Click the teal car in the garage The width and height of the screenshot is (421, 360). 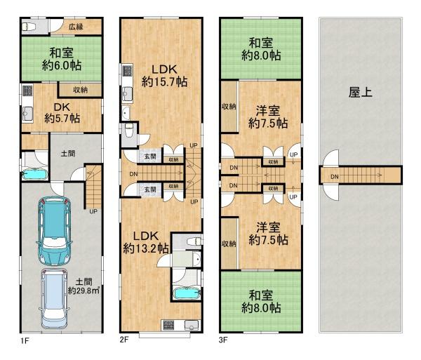coord(54,231)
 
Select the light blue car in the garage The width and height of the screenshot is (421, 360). coord(54,298)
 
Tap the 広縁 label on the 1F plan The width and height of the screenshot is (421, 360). coord(76,27)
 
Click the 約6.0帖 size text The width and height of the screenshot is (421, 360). coord(62,65)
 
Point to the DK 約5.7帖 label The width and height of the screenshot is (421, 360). coord(62,113)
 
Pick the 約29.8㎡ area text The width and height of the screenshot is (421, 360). coord(83,291)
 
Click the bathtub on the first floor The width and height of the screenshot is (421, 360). coord(34,175)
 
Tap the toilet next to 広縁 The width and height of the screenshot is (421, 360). coord(29,27)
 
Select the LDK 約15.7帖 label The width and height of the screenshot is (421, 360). coord(164,75)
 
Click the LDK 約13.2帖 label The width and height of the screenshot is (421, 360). coord(146,242)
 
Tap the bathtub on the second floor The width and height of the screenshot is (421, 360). coord(187,293)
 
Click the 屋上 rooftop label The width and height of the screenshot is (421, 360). coord(361,93)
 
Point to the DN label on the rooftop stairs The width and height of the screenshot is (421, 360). coord(335,177)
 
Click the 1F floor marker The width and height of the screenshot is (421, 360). coord(25,341)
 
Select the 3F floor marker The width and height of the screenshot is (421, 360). coord(223,340)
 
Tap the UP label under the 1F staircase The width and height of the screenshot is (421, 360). coord(93,211)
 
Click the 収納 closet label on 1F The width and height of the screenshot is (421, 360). coord(80,90)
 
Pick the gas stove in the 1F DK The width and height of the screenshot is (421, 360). coord(27,91)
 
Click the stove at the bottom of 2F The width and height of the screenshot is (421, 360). coord(168,325)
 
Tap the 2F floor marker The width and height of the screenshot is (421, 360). coord(124,340)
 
